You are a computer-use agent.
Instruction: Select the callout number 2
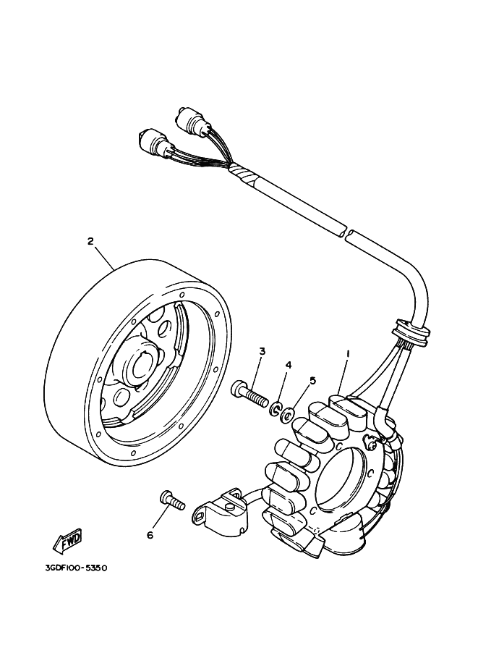(90, 241)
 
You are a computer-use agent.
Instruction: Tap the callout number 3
(262, 350)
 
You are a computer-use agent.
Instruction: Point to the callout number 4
(289, 365)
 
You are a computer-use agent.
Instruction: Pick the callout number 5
(312, 380)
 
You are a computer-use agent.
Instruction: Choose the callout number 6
(150, 535)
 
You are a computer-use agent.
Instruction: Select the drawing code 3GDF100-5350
(76, 568)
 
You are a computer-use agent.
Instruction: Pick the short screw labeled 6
(172, 500)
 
